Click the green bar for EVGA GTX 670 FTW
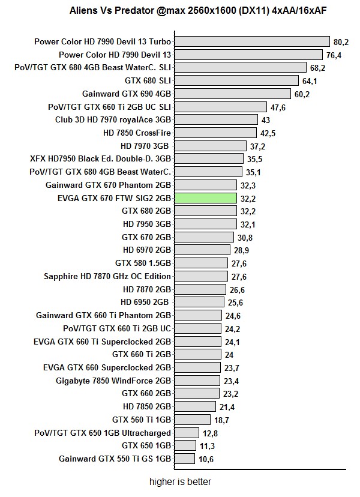205,198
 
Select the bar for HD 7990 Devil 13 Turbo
252,41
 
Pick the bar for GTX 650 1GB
185,446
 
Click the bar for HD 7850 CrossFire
215,133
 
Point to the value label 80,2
341,42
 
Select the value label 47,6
278,107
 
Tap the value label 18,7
222,420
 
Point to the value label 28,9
241,250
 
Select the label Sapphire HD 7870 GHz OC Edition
107,276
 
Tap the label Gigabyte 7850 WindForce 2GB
113,381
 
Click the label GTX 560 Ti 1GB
142,420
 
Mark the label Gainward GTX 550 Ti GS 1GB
115,459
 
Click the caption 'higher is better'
180,481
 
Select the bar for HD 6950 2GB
199,303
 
